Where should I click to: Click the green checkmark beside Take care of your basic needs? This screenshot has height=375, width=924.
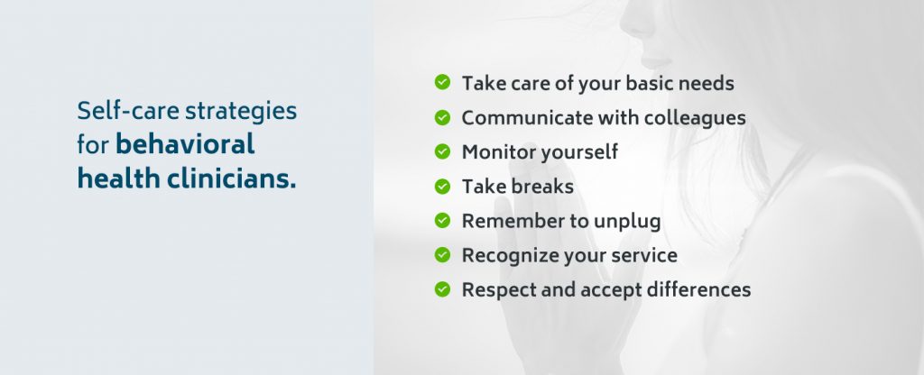point(442,83)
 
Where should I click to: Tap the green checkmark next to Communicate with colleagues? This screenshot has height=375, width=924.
point(442,117)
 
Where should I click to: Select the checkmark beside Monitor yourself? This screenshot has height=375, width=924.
point(442,151)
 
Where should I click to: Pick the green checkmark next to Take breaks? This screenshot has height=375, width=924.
point(442,187)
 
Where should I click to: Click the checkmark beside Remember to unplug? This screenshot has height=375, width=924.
point(442,221)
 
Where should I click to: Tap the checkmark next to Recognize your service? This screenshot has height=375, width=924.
point(442,255)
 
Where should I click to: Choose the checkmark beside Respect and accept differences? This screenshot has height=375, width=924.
point(442,289)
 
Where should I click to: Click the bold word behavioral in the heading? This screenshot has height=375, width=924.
point(186,144)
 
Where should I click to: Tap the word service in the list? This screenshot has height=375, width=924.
point(642,256)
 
